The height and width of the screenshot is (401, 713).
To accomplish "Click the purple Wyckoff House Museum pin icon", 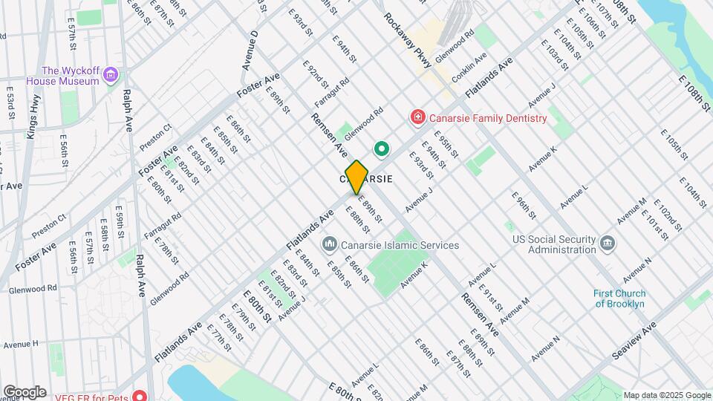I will coord(111,74).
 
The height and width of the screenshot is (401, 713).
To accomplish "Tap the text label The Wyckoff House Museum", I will coord(62,75).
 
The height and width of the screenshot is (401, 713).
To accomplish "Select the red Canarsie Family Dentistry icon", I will coord(417,117).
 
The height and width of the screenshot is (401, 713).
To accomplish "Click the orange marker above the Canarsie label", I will coord(356,177).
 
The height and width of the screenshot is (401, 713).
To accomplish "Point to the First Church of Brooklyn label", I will coord(619,299).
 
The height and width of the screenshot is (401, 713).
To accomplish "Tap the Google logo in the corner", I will coord(25,392).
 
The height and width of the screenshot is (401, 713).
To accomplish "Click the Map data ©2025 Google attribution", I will coord(666,395).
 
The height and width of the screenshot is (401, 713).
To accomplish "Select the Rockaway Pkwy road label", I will coord(408,42).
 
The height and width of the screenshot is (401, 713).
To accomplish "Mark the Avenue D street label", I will coord(250,50).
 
